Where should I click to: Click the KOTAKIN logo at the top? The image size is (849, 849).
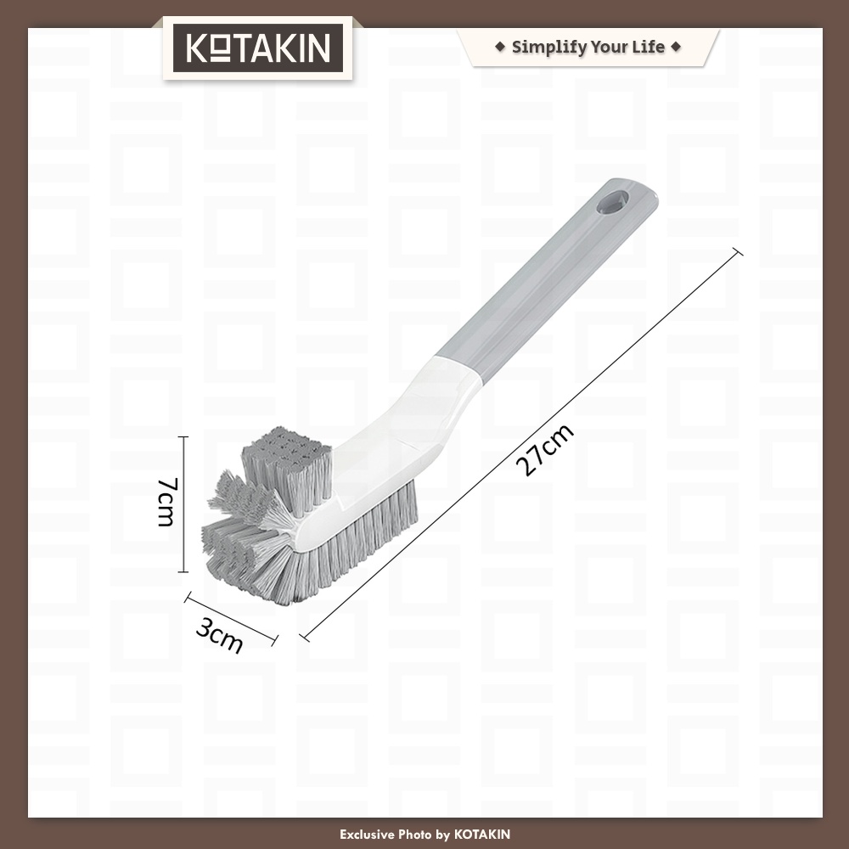[x=258, y=48]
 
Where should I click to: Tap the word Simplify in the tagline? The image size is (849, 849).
[x=548, y=48]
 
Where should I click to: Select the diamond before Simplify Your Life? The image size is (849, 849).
[x=500, y=47]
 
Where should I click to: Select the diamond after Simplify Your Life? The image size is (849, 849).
[x=676, y=47]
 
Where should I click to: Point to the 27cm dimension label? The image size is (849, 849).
[x=544, y=450]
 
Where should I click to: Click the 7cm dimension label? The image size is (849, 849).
[x=166, y=502]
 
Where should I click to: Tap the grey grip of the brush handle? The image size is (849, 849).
[x=547, y=282]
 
